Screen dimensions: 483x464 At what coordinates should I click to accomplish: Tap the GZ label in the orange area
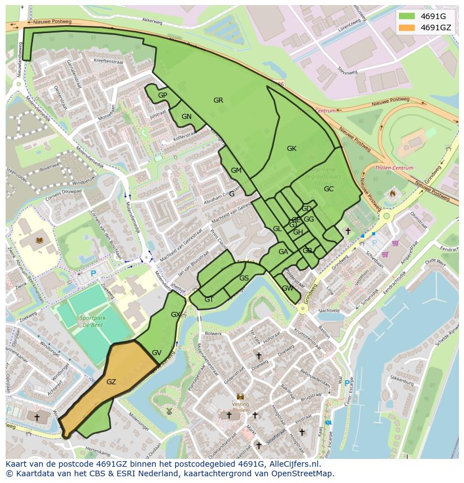[111, 382]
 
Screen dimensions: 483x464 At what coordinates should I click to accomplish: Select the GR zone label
[218, 100]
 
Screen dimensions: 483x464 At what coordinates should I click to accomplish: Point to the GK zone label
[291, 149]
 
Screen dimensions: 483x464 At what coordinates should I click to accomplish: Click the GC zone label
[328, 189]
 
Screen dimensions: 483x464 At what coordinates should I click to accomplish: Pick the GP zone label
[163, 95]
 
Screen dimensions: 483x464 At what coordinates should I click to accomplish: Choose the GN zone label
[187, 117]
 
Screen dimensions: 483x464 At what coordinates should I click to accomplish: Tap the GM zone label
[236, 171]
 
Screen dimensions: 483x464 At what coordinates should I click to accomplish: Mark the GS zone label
[244, 278]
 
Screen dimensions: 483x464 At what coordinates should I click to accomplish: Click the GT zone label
[209, 300]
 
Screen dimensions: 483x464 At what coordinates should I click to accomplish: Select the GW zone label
[287, 288]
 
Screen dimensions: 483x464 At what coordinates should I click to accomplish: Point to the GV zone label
[156, 353]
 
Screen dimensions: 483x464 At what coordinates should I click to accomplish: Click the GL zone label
[277, 229]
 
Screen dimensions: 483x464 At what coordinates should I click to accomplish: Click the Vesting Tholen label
[240, 407]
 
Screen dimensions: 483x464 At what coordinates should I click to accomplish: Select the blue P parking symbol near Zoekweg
[94, 274]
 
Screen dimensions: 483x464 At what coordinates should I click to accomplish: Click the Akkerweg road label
[151, 20]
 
